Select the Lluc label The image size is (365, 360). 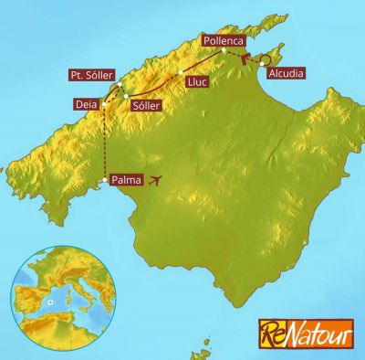click(x=197, y=82)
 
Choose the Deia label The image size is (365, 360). click(x=87, y=104)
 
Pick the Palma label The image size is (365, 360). click(x=126, y=180)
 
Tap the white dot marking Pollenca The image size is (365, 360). click(x=223, y=51)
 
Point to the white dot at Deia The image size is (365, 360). click(x=105, y=104)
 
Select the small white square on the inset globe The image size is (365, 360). click(x=52, y=299)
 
